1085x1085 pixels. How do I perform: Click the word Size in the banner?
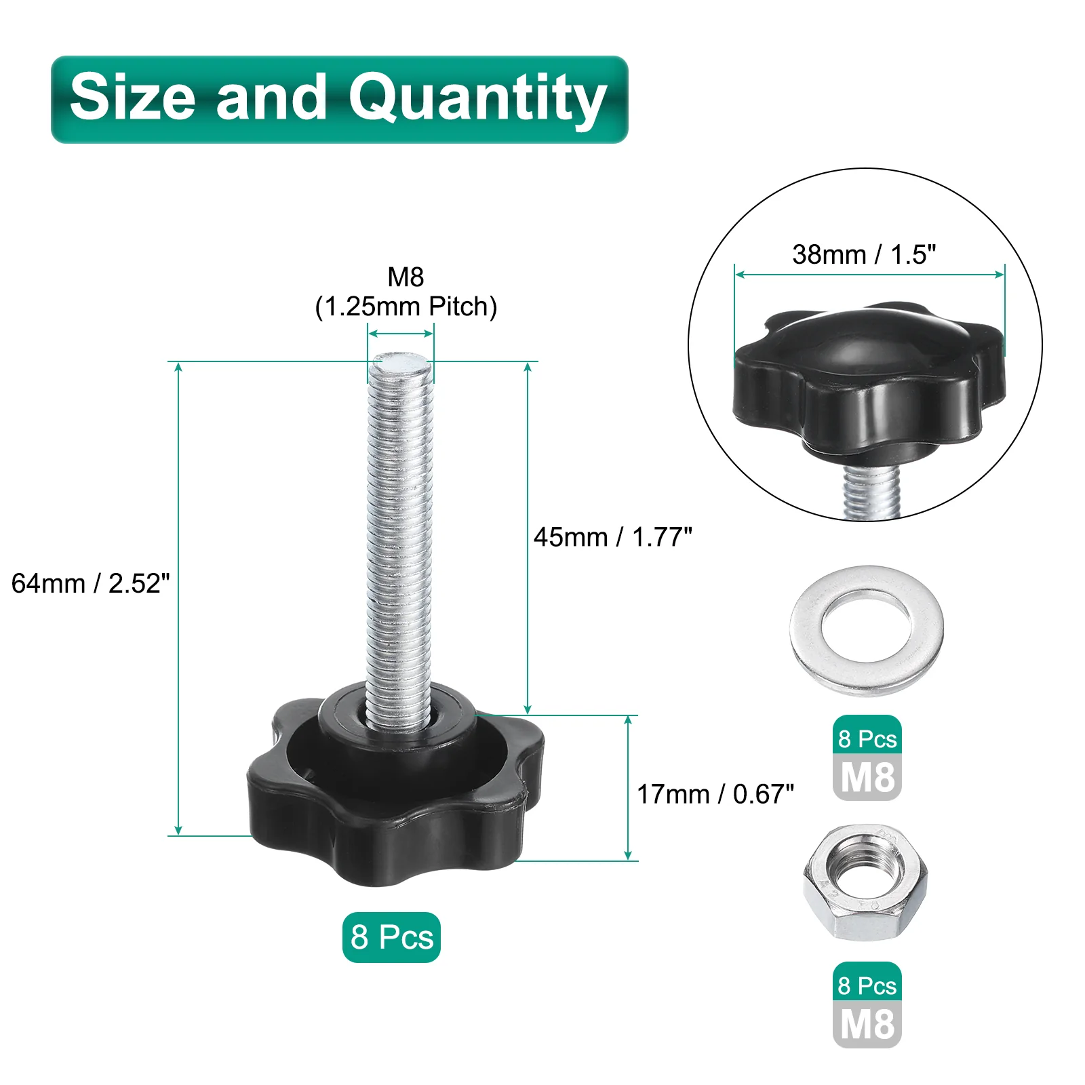click(x=133, y=96)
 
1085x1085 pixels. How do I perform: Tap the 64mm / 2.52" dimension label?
click(x=91, y=583)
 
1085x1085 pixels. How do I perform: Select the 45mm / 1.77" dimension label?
click(x=613, y=537)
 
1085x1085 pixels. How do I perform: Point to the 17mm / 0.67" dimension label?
click(x=715, y=794)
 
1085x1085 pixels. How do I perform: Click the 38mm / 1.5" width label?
click(x=864, y=254)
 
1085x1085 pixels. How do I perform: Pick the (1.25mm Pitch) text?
click(x=406, y=307)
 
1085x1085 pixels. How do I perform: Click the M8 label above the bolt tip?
click(x=406, y=277)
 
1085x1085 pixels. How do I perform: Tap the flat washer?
click(x=867, y=630)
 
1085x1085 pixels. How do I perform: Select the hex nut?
click(x=865, y=882)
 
